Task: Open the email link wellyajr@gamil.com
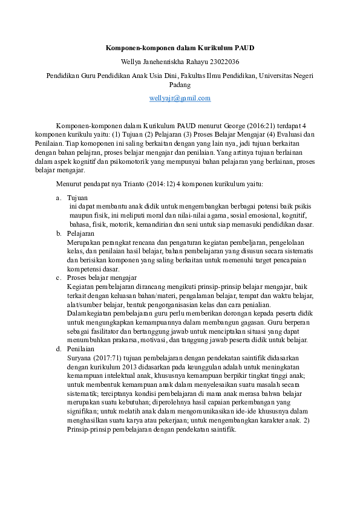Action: pos(180,97)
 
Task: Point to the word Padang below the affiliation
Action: pos(180,85)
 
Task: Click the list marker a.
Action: pos(58,198)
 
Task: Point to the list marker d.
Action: pos(58,349)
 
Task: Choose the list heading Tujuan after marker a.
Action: pos(77,198)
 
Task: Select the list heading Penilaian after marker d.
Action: pos(81,349)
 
